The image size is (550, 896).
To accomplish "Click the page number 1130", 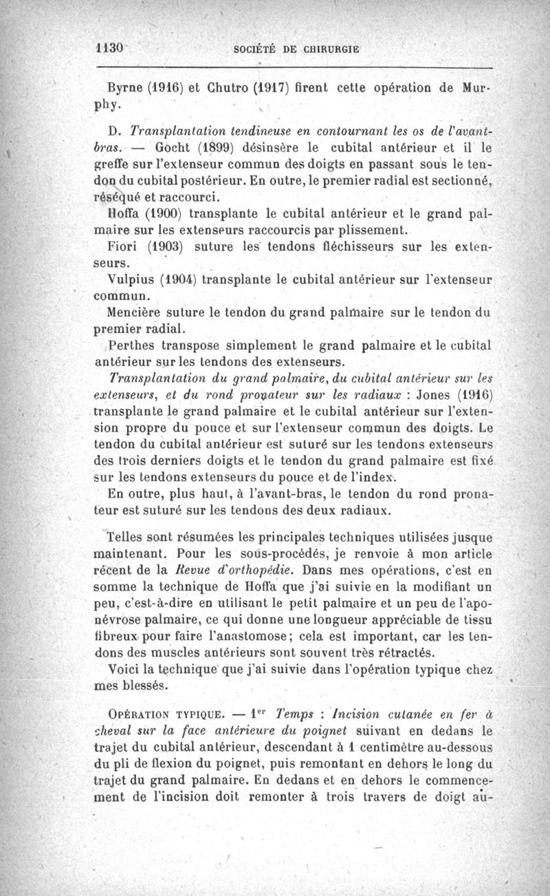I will point(109,50).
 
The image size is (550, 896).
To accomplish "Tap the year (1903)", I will point(170,246).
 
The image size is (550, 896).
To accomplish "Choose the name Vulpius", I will point(131,277).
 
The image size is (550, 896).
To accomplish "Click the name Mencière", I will point(137,310).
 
